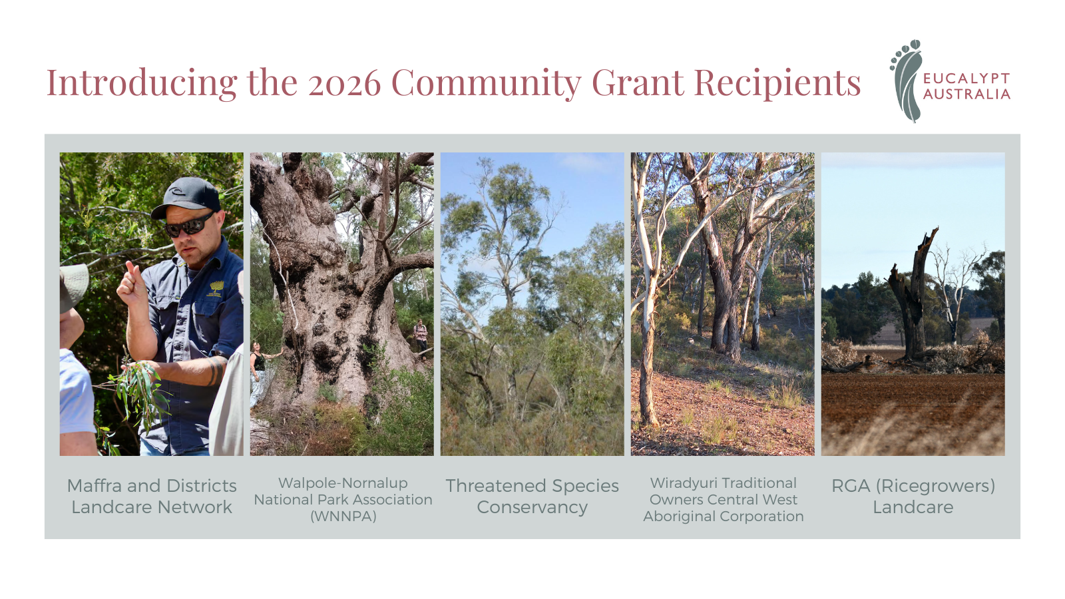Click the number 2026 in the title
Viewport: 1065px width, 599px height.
[344, 83]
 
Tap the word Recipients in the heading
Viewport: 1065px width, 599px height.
[777, 83]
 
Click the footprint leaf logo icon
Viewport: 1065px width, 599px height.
[906, 81]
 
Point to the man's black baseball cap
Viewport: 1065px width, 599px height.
[187, 197]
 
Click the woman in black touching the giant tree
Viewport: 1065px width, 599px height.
[259, 373]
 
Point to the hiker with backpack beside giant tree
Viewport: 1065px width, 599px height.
[420, 337]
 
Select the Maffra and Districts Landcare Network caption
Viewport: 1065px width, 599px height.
[152, 497]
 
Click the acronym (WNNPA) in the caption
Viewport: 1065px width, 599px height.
[343, 516]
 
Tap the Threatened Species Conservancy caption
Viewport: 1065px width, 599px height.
[532, 497]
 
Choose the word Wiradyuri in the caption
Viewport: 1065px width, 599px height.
[680, 483]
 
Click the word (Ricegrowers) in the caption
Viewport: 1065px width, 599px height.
[936, 487]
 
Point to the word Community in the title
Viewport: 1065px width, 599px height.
[487, 83]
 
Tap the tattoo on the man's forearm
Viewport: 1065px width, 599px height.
[216, 369]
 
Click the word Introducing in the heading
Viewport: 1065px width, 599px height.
[142, 83]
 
